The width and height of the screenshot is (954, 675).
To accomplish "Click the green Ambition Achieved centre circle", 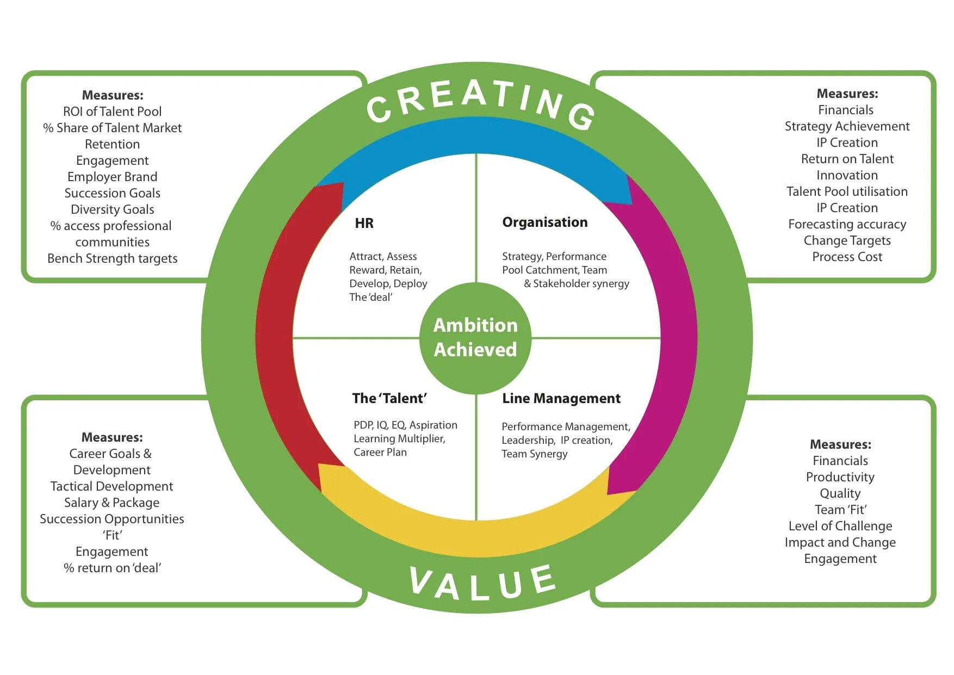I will [x=475, y=337].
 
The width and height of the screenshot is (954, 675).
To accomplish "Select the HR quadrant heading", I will [x=364, y=223].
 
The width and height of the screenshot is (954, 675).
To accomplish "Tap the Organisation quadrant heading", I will [x=544, y=222].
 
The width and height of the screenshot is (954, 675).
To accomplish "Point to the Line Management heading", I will [x=561, y=398].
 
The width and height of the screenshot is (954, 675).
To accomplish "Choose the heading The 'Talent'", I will [x=389, y=398].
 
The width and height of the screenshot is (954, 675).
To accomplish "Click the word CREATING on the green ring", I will [x=481, y=103].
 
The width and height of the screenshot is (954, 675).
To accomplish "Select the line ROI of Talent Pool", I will [x=112, y=112].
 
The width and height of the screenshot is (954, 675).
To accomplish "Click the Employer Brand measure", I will [x=112, y=177].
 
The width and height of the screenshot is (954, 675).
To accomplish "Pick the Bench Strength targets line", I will [x=112, y=258].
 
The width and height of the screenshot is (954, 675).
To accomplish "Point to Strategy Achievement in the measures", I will [x=847, y=126].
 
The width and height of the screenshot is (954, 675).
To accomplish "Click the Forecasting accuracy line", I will [x=847, y=224].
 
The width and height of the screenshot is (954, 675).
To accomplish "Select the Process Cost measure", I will [x=847, y=257].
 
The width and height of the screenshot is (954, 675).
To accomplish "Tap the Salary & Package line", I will [x=112, y=503].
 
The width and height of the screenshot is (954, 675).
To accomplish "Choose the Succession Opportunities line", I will [x=112, y=519].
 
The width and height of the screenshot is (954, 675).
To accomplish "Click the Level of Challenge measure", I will [x=840, y=526].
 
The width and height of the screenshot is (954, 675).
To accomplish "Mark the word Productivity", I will [x=840, y=477].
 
